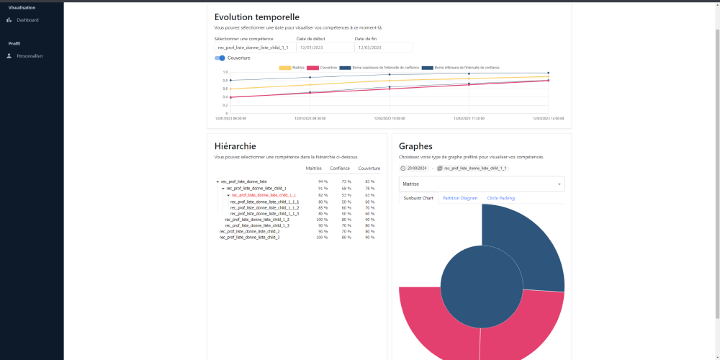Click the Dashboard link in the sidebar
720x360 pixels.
click(27, 19)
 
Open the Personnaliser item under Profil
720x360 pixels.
click(30, 55)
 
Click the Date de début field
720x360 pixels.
click(323, 48)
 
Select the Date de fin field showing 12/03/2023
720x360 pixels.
click(382, 48)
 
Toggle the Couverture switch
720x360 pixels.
click(220, 58)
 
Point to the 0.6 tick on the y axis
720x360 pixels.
click(225, 89)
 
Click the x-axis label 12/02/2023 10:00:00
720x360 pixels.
click(390, 118)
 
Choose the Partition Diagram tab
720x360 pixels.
click(460, 197)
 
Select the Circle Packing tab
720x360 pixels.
click(501, 197)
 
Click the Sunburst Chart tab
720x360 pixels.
click(418, 197)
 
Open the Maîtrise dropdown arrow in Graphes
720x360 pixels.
click(559, 184)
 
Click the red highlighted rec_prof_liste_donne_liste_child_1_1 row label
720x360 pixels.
click(264, 195)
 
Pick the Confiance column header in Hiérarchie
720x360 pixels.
click(340, 168)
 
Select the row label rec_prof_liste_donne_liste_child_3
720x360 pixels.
click(249, 237)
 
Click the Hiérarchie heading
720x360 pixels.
click(235, 146)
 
